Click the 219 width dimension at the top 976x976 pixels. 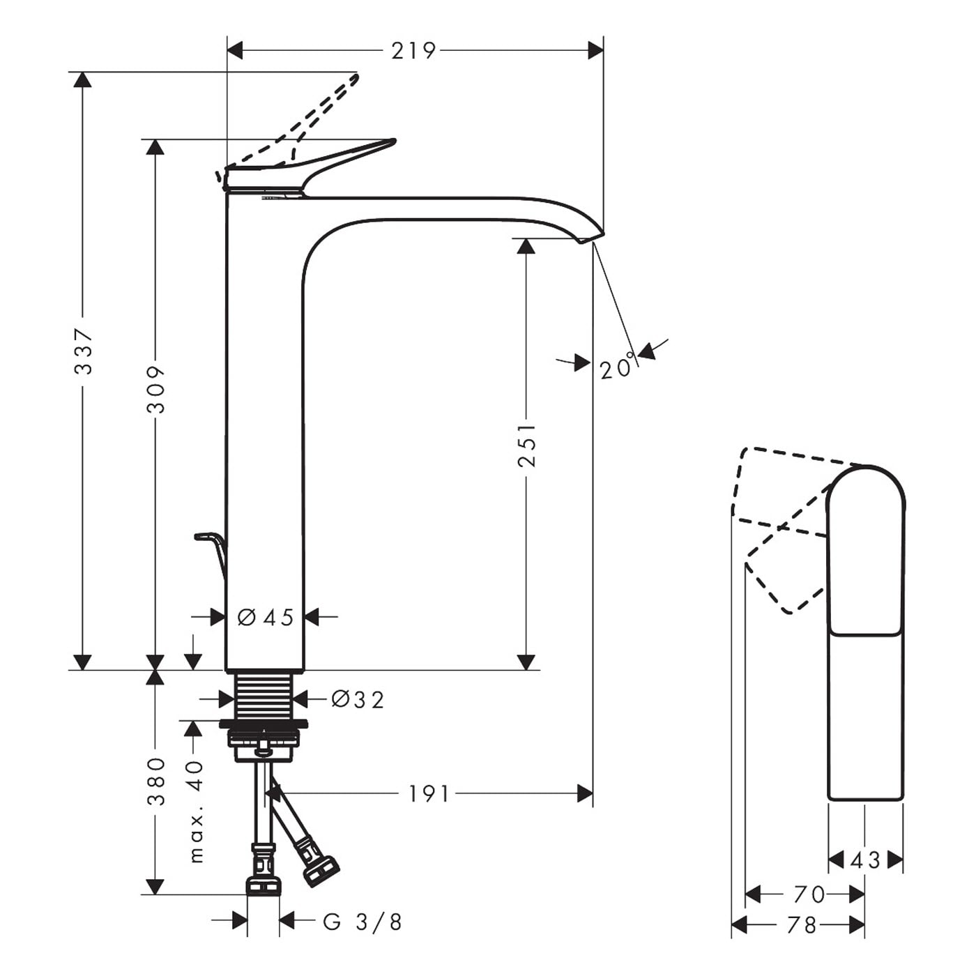413,51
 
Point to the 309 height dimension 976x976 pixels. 156,390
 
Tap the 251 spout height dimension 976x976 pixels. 527,445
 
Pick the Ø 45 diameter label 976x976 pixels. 266,618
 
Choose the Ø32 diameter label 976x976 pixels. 358,699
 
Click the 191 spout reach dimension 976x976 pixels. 429,794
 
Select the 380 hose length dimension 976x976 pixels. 156,781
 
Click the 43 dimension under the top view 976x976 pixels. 866,860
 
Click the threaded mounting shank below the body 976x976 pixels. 264,696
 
